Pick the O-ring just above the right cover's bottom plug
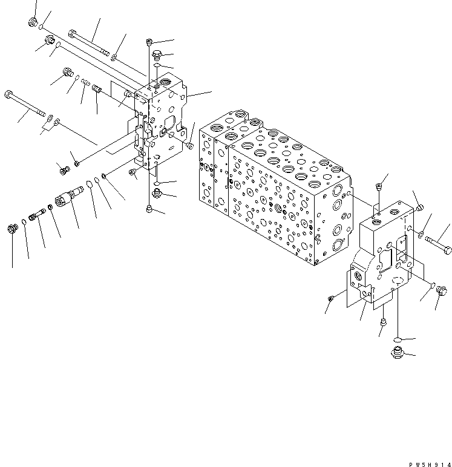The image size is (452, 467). (x=395, y=339)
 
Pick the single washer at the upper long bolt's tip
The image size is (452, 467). (x=114, y=57)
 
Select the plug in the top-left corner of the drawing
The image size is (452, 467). (x=33, y=24)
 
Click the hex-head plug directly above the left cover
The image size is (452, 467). (x=157, y=53)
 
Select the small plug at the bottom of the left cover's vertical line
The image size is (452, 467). (x=149, y=209)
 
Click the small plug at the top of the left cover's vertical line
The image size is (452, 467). (x=149, y=41)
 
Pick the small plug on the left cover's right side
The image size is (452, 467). (x=190, y=145)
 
